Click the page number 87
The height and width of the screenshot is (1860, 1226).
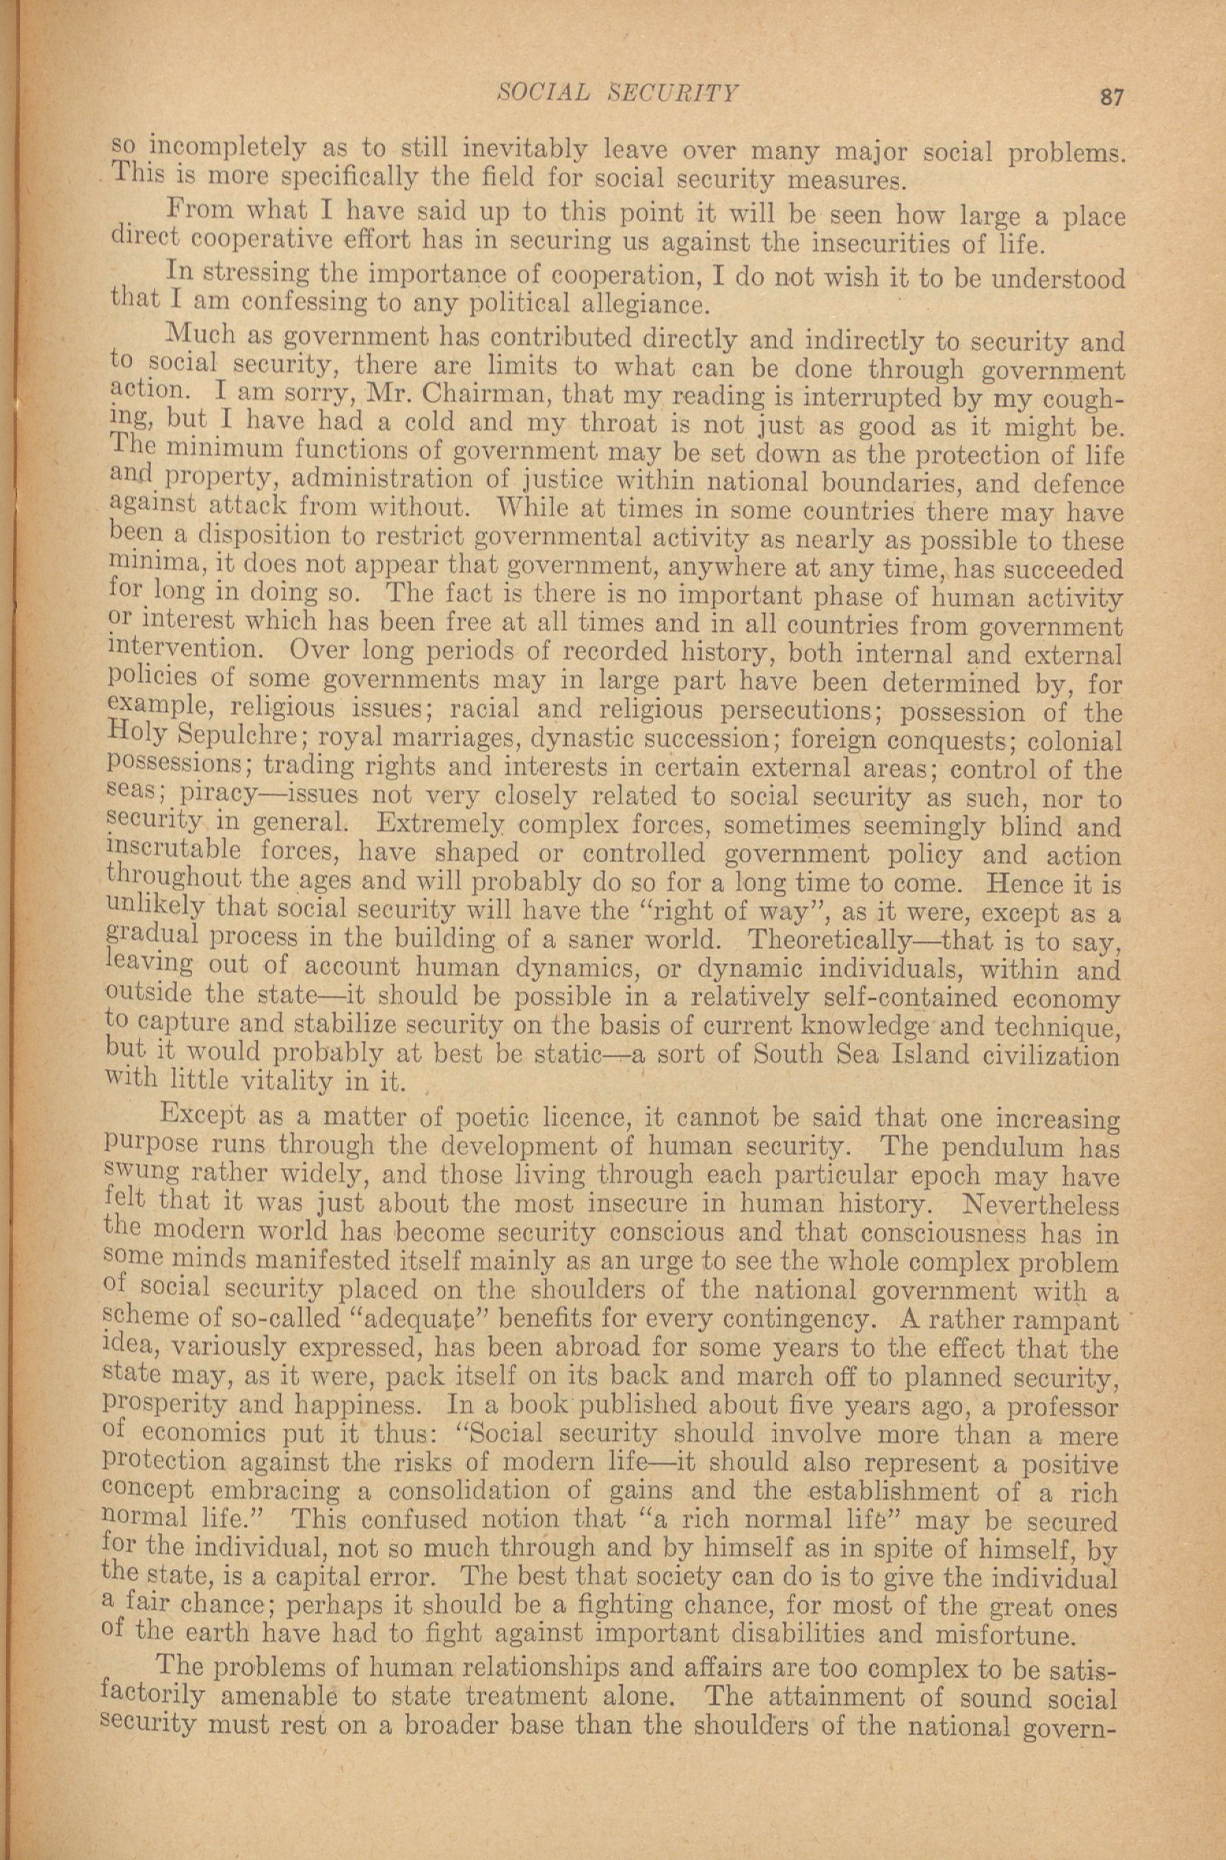click(1111, 97)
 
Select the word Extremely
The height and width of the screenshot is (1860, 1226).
click(440, 825)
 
